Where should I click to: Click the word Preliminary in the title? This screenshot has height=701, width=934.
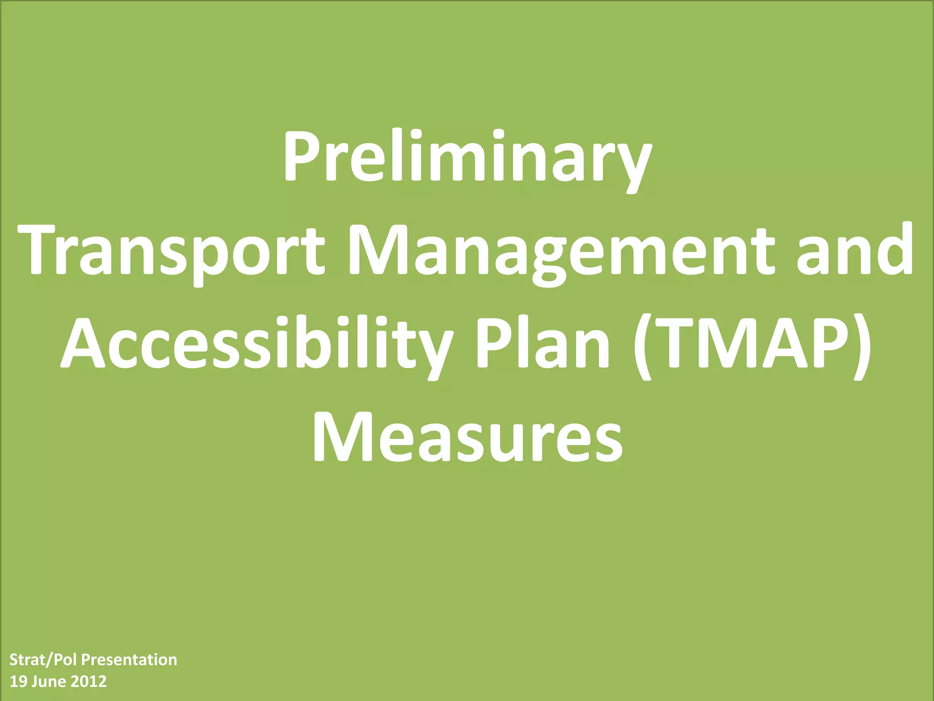tap(467, 157)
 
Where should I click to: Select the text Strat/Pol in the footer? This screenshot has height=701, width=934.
tap(44, 660)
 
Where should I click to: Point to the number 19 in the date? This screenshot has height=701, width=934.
tap(18, 682)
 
